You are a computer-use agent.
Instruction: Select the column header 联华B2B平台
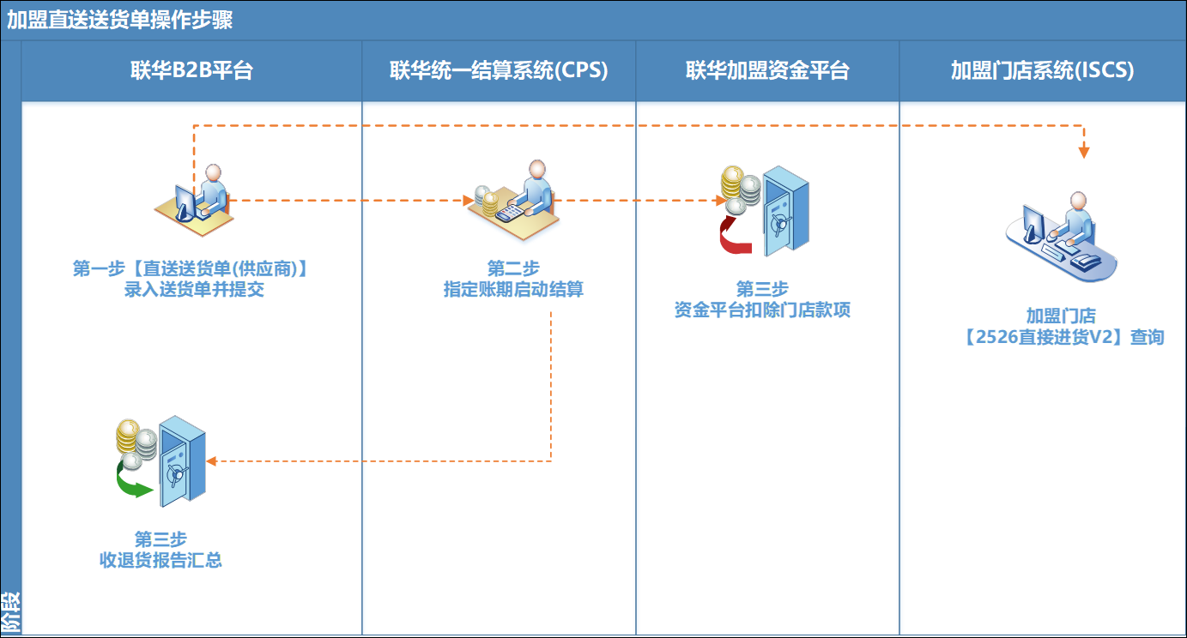click(191, 71)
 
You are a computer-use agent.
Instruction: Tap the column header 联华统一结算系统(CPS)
click(499, 71)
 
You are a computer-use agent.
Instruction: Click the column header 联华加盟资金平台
click(767, 71)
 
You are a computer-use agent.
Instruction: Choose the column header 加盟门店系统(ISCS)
click(1042, 71)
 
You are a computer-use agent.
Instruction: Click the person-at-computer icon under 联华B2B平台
click(196, 196)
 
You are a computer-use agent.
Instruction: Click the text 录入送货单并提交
click(194, 290)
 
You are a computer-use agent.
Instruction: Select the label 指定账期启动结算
click(513, 290)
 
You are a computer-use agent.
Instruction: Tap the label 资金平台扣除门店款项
click(762, 310)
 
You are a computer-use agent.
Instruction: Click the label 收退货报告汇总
click(160, 561)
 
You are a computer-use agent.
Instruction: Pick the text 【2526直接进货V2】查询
click(1063, 337)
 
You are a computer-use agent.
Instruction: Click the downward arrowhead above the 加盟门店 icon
click(1084, 152)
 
